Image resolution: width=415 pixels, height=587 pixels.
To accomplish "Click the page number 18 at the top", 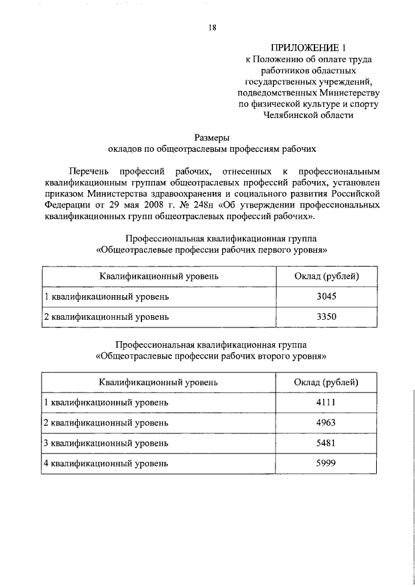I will click(x=212, y=27).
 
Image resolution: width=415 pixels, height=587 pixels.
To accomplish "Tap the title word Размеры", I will click(x=212, y=137).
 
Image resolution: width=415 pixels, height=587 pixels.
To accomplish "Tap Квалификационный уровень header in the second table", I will click(x=158, y=382).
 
